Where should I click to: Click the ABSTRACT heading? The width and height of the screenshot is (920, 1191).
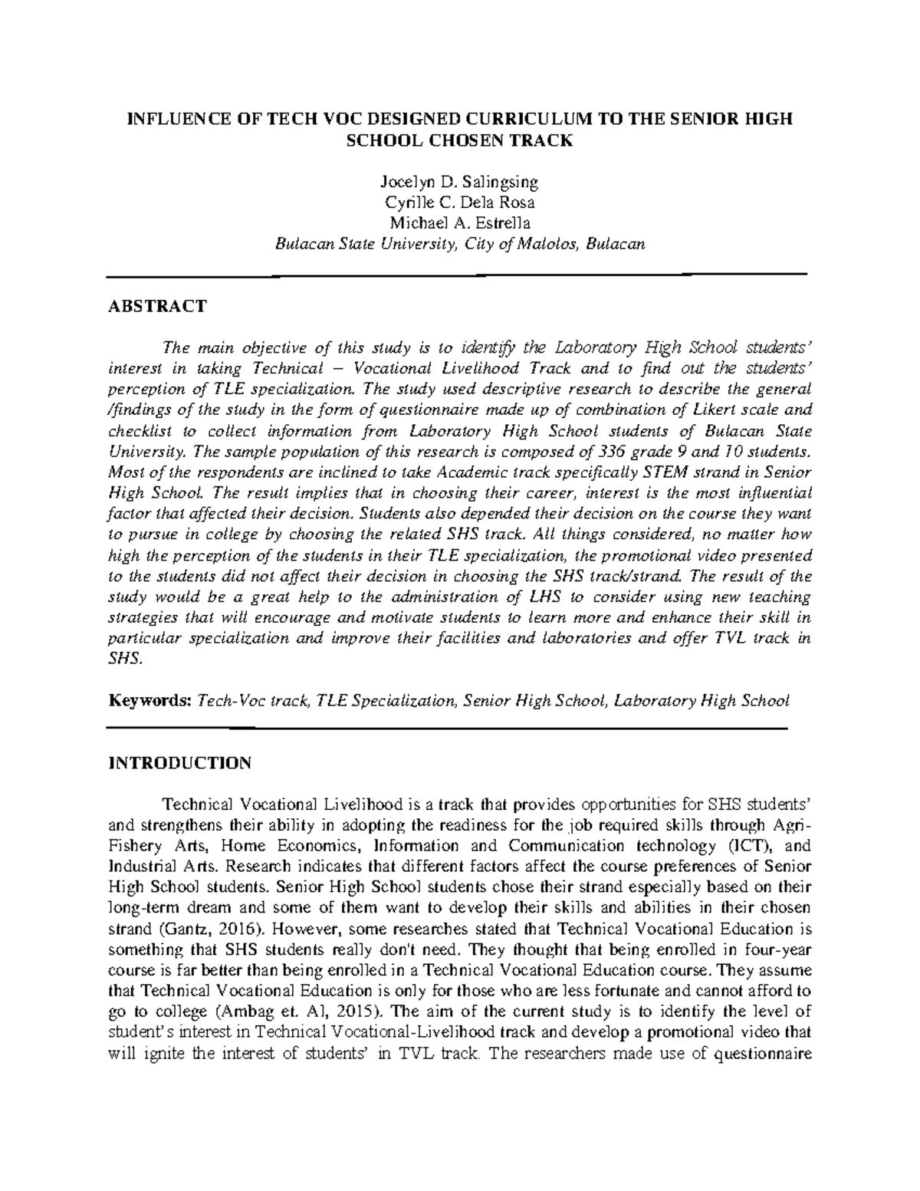[x=157, y=307]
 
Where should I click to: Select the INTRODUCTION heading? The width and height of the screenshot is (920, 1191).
[x=179, y=763]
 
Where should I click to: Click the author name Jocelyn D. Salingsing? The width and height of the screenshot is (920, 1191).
[x=459, y=183]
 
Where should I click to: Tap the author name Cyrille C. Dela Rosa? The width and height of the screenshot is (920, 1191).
[x=459, y=203]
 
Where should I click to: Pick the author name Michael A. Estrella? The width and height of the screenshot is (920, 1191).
[x=459, y=223]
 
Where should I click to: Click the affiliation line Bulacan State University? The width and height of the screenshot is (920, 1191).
[x=459, y=244]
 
